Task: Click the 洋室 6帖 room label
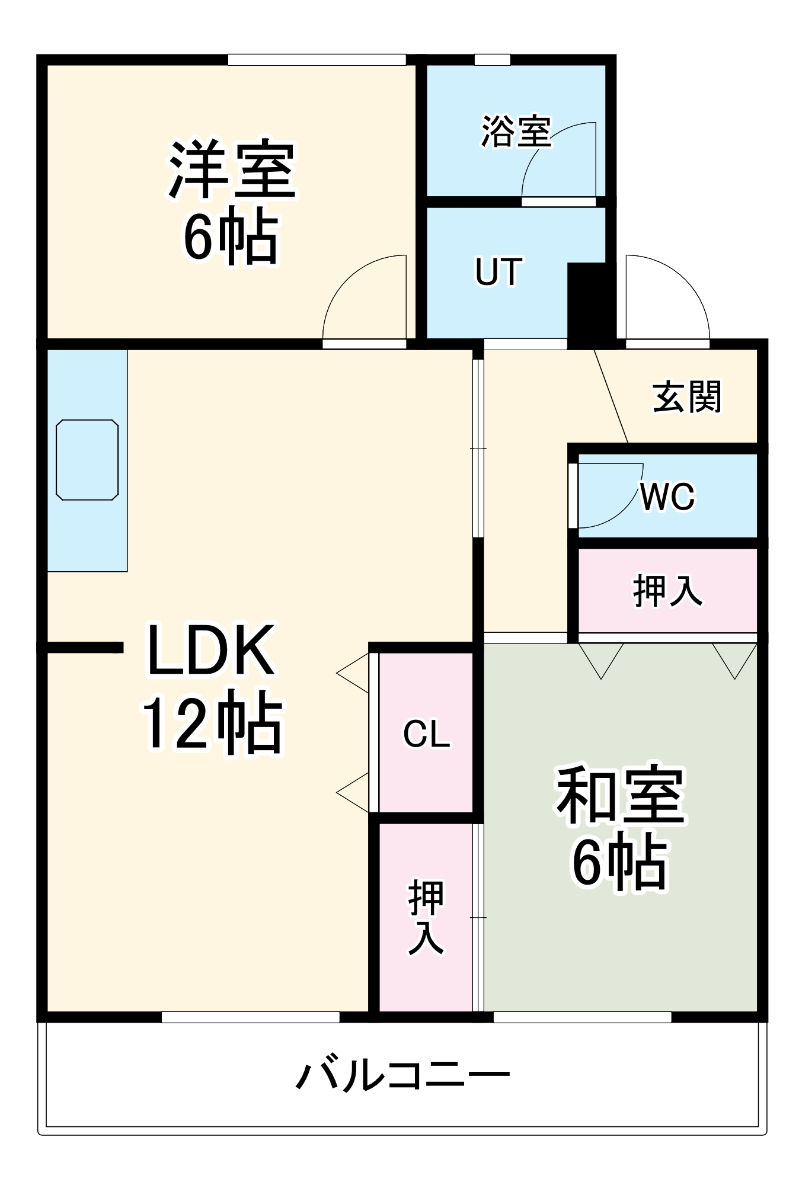tap(231, 201)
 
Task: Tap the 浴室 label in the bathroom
tap(515, 131)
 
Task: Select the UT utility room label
tap(498, 272)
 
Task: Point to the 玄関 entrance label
tap(687, 397)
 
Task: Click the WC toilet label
tap(667, 496)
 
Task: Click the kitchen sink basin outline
tap(87, 460)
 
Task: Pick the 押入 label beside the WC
tap(667, 591)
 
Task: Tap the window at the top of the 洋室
tap(317, 60)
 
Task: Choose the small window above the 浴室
tap(492, 60)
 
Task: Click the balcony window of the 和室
tap(582, 1017)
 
